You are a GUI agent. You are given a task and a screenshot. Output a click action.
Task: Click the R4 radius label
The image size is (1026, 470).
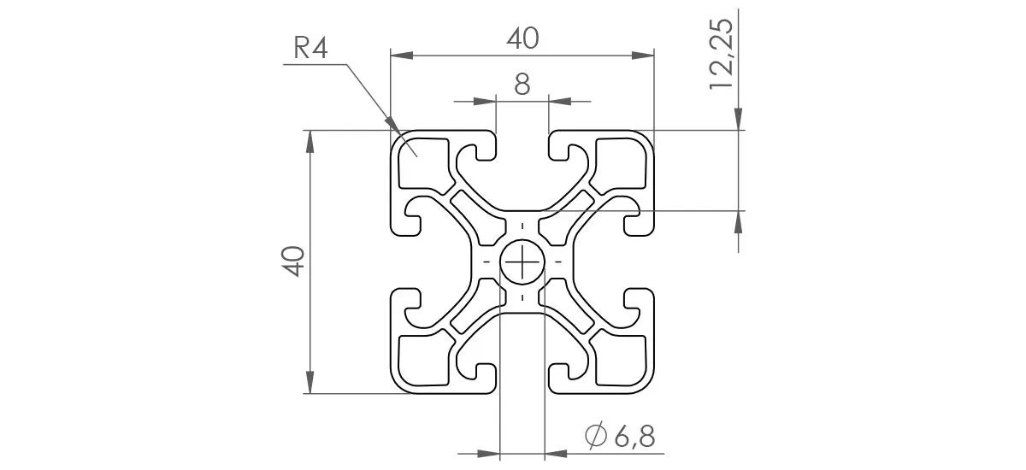[311, 49]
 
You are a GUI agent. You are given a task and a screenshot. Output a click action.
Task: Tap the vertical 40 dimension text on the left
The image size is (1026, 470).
[293, 261]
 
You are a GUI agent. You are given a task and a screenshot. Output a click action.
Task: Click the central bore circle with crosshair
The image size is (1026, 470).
[522, 261]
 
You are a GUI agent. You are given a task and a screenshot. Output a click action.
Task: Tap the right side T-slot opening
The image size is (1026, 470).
[640, 261]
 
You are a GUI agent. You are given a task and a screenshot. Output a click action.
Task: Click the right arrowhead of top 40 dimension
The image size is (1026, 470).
[647, 56]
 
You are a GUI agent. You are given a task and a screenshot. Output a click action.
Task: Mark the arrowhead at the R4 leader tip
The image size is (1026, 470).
[396, 127]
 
